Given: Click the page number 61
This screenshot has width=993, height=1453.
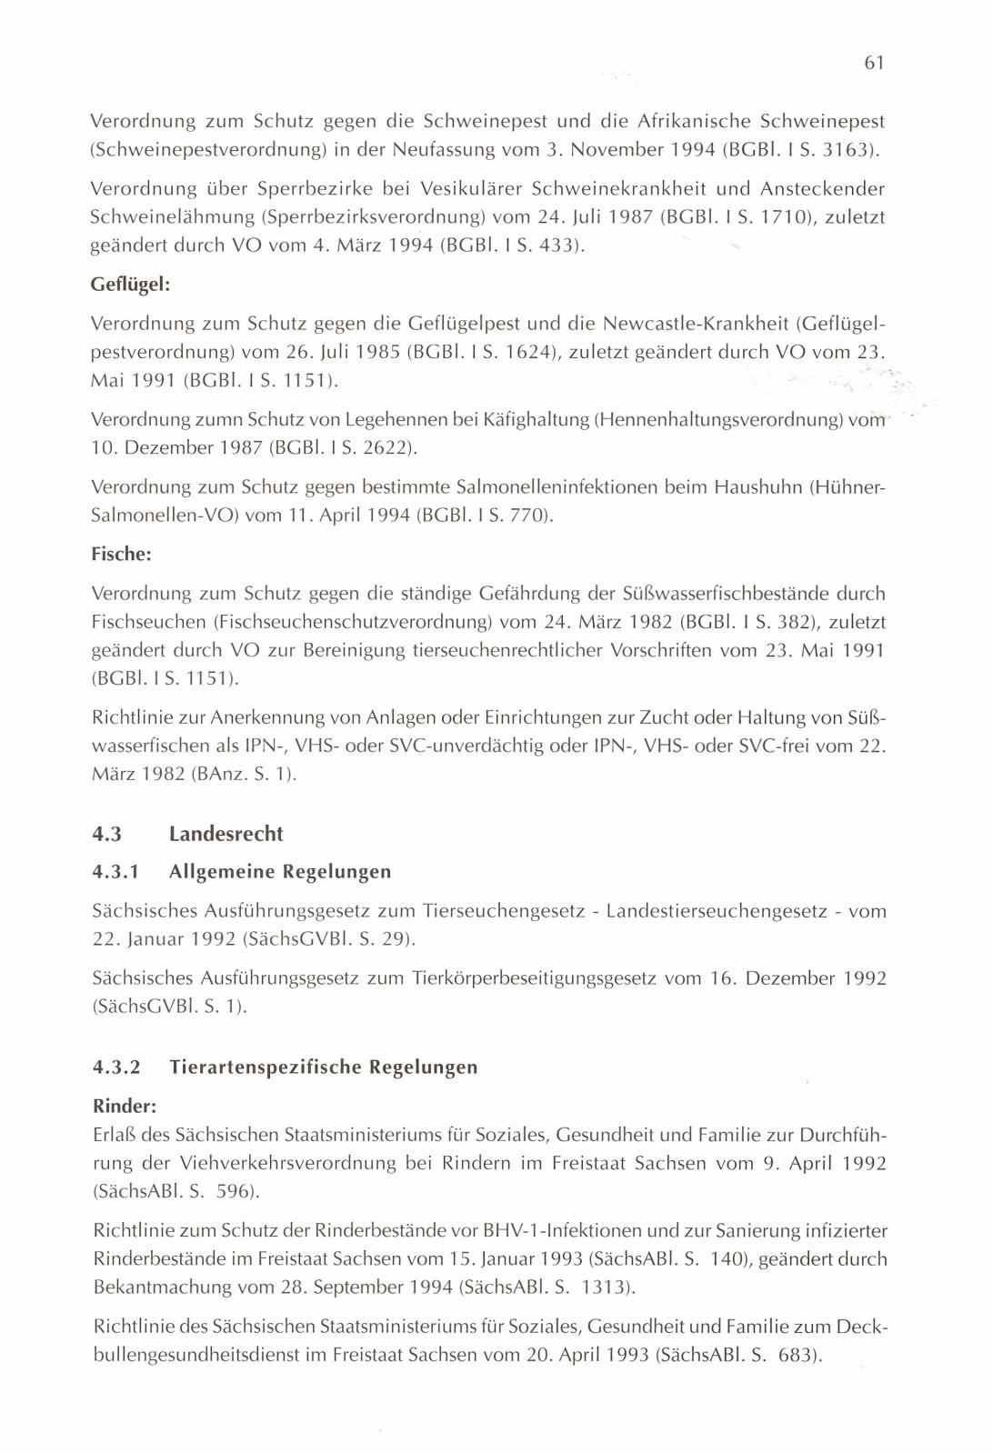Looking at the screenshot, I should (874, 62).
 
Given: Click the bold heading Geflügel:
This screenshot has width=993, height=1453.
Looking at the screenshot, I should (131, 285).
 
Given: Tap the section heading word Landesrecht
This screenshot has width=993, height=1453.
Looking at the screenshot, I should (226, 834).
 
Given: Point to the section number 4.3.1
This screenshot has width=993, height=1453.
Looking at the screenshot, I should (115, 872).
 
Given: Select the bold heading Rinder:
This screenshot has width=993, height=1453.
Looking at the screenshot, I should (125, 1107).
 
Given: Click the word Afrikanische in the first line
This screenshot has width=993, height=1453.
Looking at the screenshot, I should (694, 121).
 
